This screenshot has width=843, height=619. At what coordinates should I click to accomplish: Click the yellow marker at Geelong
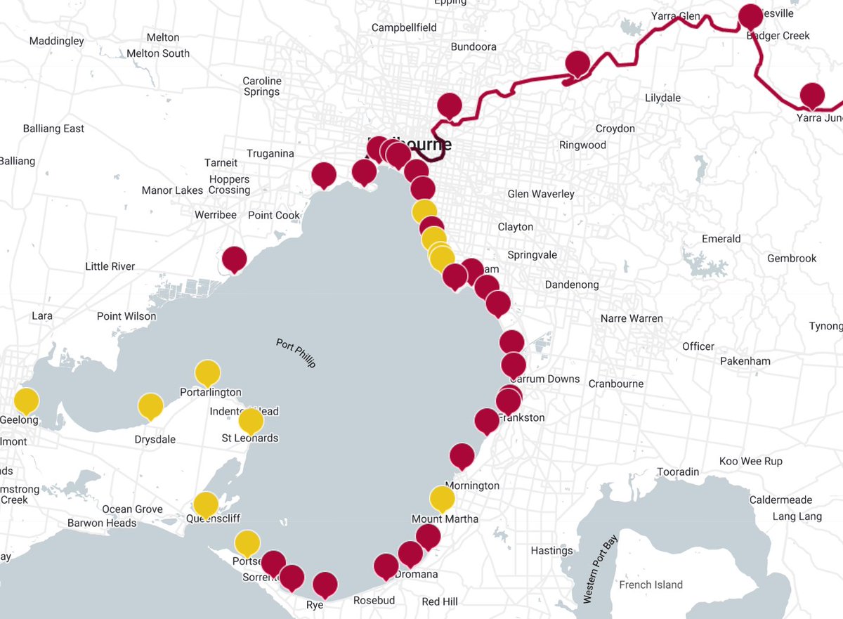pyautogui.click(x=27, y=401)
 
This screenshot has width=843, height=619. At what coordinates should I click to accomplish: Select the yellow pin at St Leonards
pyautogui.click(x=251, y=421)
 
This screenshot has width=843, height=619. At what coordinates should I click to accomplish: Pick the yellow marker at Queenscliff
pyautogui.click(x=206, y=504)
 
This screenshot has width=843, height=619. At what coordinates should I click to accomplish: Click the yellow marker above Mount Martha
pyautogui.click(x=442, y=499)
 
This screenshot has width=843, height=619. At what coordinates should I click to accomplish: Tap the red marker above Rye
pyautogui.click(x=325, y=585)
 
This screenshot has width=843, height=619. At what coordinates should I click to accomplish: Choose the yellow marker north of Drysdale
pyautogui.click(x=150, y=406)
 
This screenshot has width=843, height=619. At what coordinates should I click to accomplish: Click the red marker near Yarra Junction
pyautogui.click(x=812, y=96)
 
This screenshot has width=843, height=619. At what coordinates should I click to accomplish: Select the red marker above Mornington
pyautogui.click(x=462, y=456)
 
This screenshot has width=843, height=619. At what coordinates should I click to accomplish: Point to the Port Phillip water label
pyautogui.click(x=296, y=353)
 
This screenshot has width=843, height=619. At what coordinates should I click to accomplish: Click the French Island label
pyautogui.click(x=650, y=585)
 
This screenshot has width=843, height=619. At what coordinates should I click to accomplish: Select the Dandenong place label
pyautogui.click(x=572, y=285)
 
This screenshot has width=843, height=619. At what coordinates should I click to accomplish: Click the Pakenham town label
pyautogui.click(x=745, y=361)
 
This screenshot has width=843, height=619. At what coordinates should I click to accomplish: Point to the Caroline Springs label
pyautogui.click(x=261, y=86)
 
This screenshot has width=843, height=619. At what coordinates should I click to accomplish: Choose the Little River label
pyautogui.click(x=110, y=266)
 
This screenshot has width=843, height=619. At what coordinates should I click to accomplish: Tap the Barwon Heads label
pyautogui.click(x=102, y=523)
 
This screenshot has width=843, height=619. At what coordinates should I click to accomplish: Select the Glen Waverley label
pyautogui.click(x=541, y=193)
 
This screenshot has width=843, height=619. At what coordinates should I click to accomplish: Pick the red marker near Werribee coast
pyautogui.click(x=234, y=260)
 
